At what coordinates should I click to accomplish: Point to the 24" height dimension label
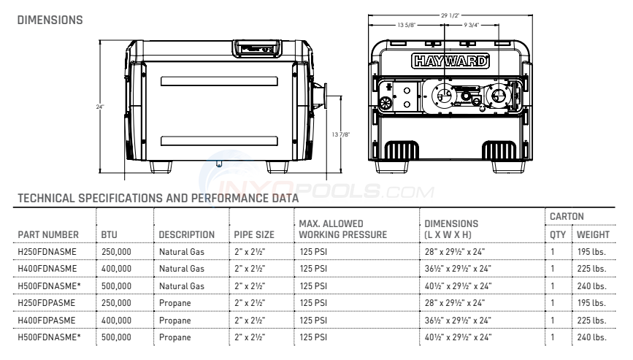pos(99,107)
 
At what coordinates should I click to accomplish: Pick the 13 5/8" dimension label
pos(407,25)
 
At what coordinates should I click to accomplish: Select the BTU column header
pos(108,234)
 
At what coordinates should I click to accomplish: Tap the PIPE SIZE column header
pos(254,234)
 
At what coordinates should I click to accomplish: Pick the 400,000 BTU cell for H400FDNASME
pos(116,269)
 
